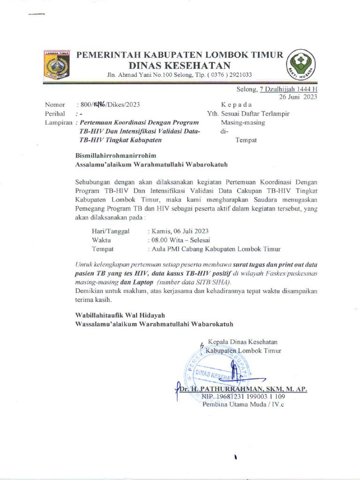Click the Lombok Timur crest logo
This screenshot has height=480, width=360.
point(57,64)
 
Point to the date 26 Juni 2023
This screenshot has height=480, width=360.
point(298,97)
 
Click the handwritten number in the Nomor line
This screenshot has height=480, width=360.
point(99,105)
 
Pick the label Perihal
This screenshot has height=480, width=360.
point(55,114)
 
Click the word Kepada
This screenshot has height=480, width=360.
point(236,105)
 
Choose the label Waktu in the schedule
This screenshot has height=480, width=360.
point(101,240)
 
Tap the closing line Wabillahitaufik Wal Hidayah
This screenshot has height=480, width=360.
point(120,315)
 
